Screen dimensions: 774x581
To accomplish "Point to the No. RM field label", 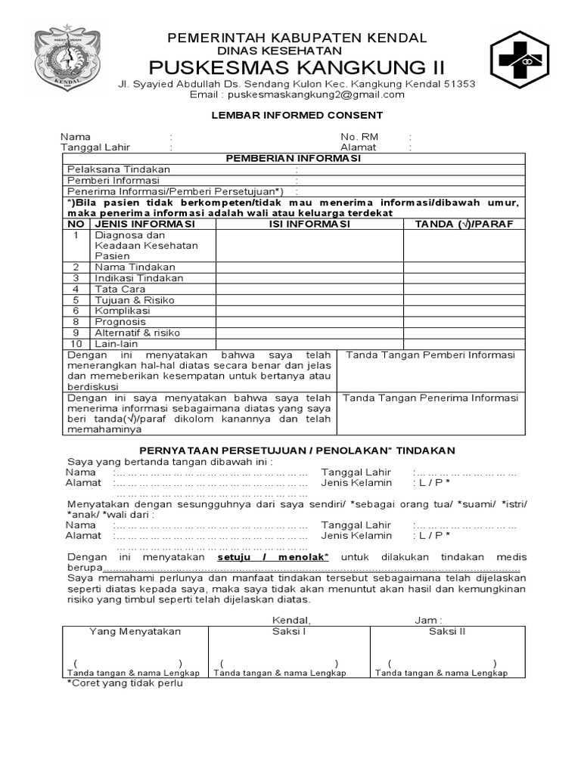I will coord(359,137).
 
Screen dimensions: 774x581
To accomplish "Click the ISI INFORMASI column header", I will coord(309,224).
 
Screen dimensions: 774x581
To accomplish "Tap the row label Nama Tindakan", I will coord(135,267).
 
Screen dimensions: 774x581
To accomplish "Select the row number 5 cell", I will coord(76,300).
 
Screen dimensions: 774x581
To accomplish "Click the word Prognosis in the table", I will coord(120,321).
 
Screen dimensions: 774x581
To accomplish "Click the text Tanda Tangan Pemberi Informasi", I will coord(430,355).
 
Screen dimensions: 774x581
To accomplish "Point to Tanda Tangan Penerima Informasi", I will coord(431,398).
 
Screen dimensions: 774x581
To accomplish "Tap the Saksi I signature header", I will coord(288,632).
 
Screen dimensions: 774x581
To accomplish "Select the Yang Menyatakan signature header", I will coord(135,632).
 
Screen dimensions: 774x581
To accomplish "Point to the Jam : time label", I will coord(428,620).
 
